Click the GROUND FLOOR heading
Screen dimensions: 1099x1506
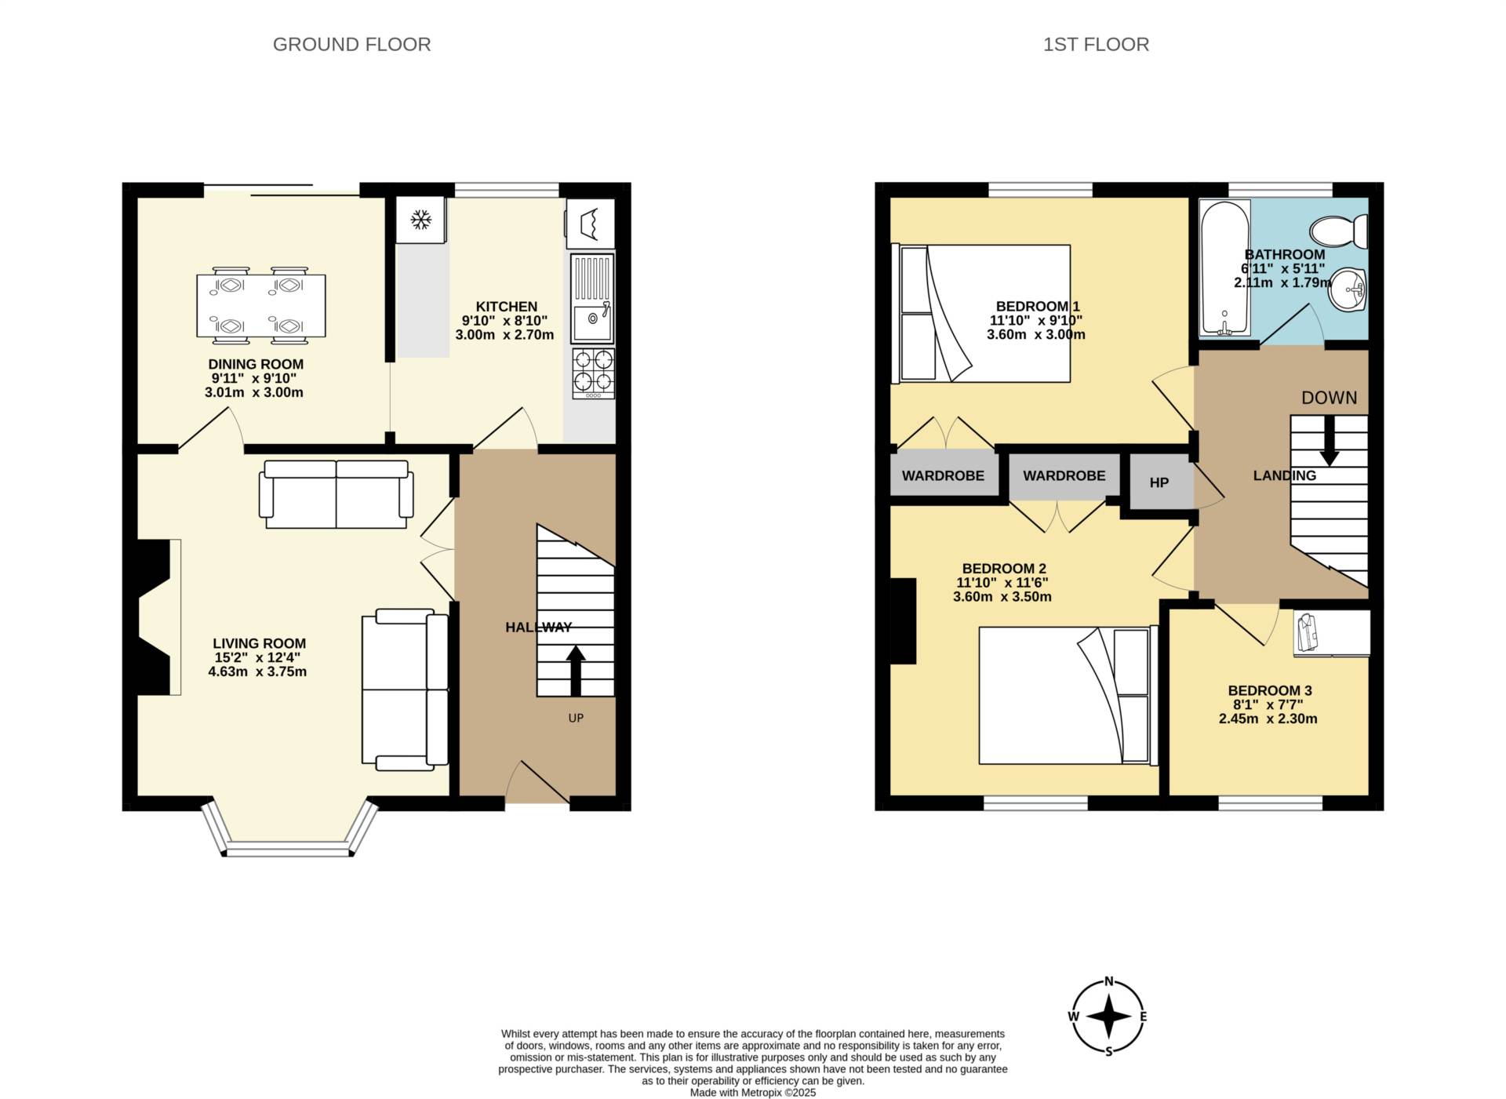351,45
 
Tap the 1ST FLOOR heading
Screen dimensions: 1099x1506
1096,45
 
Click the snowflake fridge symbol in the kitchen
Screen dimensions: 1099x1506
421,220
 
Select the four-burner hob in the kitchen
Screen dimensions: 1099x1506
593,371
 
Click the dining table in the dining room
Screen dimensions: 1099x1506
260,306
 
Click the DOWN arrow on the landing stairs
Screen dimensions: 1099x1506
1329,439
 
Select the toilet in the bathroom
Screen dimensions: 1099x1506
1339,231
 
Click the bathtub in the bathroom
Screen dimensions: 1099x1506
1224,267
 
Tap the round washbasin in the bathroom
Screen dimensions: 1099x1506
1349,289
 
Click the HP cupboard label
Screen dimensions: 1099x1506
1159,482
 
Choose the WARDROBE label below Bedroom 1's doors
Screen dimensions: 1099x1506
943,475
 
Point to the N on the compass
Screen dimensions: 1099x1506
1109,981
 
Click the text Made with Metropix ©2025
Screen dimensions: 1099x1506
752,1092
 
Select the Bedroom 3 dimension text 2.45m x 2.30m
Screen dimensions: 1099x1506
1268,719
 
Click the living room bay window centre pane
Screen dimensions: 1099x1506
288,850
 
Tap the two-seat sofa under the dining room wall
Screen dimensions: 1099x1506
336,494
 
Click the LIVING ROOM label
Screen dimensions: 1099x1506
259,643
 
